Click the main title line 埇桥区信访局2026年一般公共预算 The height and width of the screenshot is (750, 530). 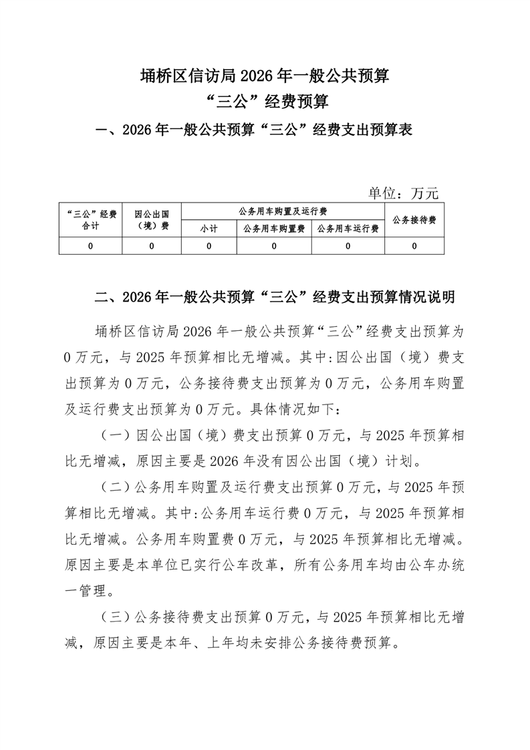(x=265, y=76)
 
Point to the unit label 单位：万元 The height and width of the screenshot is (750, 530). (x=403, y=193)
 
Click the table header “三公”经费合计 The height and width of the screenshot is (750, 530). (x=90, y=220)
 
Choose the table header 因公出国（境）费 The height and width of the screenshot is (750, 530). (x=152, y=220)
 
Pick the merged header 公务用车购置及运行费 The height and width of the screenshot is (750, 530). (x=283, y=211)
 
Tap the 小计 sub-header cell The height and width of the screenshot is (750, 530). (x=209, y=229)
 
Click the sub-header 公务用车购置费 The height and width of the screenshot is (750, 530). (x=274, y=229)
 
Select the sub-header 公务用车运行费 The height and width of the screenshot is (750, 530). (x=348, y=229)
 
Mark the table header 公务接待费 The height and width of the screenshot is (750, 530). (x=414, y=220)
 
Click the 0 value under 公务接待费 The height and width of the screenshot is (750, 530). (x=414, y=246)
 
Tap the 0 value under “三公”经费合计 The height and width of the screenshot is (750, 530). (x=90, y=246)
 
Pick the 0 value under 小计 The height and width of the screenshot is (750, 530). (x=209, y=246)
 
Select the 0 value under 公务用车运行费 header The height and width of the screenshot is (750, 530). (x=348, y=246)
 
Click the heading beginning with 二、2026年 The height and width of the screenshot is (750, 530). (x=275, y=296)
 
